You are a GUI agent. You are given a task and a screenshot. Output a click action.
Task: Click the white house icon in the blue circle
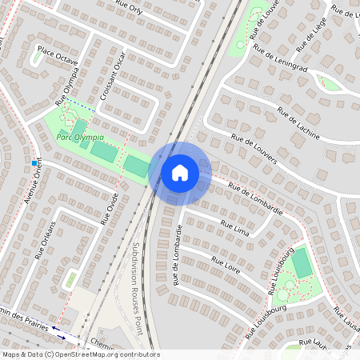click(180, 172)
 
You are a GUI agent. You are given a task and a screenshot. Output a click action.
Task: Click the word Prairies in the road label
click(30, 320)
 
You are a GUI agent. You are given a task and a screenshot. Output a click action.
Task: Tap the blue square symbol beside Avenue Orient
click(34, 163)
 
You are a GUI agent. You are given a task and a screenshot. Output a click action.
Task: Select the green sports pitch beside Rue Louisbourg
click(302, 262)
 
